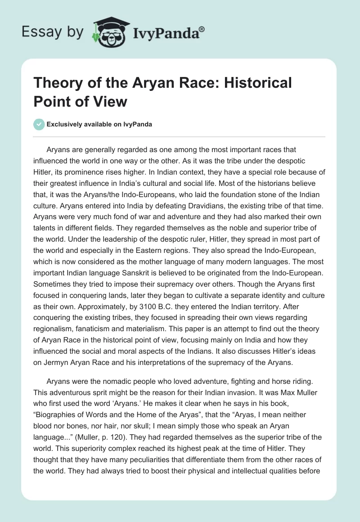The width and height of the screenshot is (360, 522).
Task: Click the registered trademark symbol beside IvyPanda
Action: click(x=202, y=29)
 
